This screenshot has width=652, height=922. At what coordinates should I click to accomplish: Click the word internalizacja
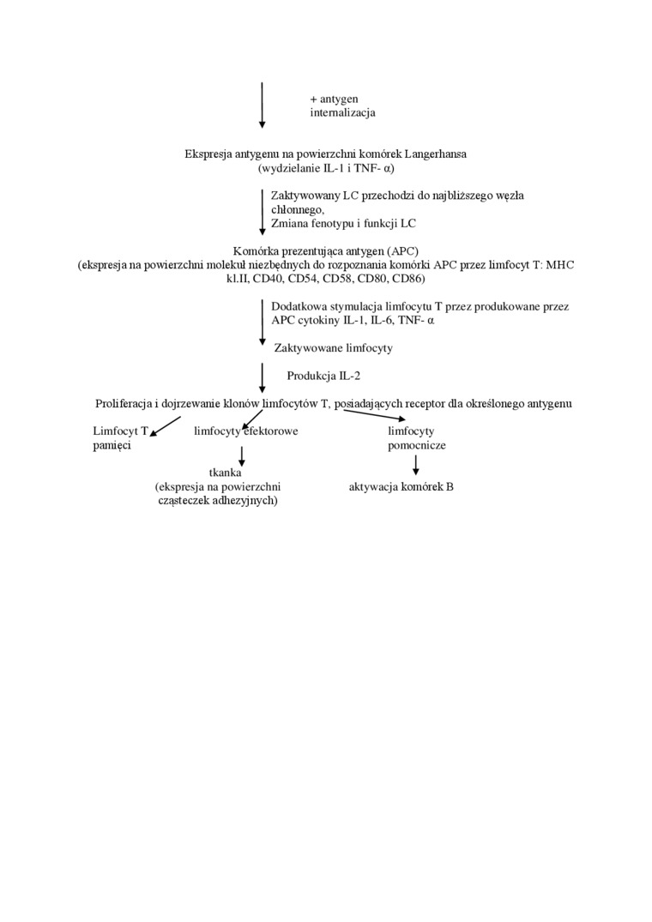pos(342,112)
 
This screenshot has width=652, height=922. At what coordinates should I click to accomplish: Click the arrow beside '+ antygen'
pos(263,105)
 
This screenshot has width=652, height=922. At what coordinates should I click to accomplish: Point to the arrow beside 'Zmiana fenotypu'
pos(263,212)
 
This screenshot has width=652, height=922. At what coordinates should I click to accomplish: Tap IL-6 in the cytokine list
pos(370,320)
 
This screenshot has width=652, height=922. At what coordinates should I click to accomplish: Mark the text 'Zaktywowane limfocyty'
pos(333,348)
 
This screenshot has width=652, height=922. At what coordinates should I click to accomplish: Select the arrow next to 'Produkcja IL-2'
pos(263,377)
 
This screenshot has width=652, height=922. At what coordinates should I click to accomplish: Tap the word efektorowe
pos(271,431)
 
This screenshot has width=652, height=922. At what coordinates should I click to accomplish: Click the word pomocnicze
pos(416,445)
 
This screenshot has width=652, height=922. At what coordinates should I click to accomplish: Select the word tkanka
pos(226,473)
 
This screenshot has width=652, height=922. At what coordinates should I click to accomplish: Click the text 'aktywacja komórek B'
pos(401,486)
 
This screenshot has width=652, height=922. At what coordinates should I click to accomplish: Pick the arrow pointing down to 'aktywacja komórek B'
pos(416,465)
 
